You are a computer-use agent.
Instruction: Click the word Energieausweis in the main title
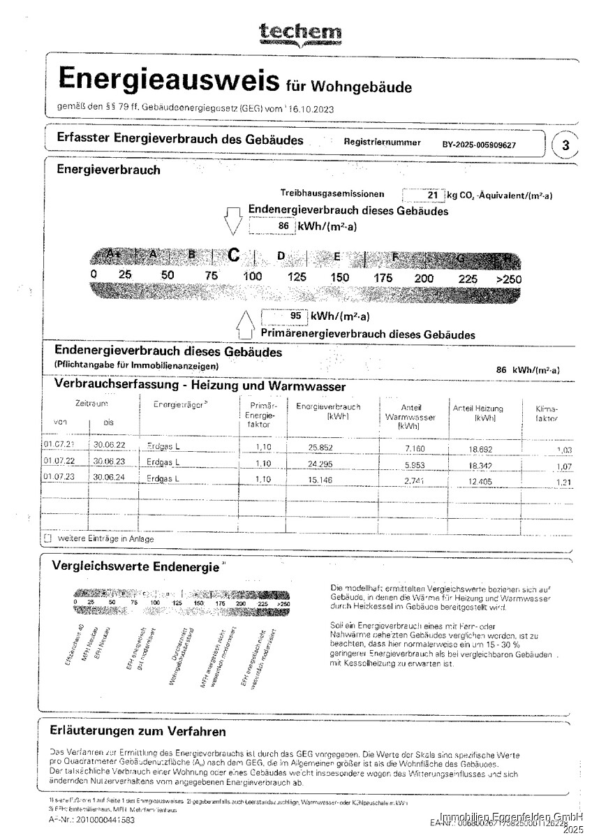[x=164, y=80]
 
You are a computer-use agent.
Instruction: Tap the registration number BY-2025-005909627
[x=479, y=145]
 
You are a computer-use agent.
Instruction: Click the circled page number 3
[x=565, y=146]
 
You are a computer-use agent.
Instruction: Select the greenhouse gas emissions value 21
[x=432, y=196]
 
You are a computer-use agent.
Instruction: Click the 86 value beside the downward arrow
[x=283, y=226]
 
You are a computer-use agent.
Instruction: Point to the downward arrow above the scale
[x=232, y=222]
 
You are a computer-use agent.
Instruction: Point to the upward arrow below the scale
[x=244, y=323]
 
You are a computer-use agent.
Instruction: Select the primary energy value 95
[x=295, y=316]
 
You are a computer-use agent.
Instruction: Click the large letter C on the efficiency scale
[x=233, y=256]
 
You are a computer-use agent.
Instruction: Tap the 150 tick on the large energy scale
[x=340, y=278]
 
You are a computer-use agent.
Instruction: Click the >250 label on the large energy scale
[x=508, y=279]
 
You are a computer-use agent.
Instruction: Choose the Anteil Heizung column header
[x=478, y=413]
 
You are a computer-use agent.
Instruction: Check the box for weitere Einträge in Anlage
[x=47, y=539]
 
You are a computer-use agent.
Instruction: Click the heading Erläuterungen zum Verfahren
[x=138, y=732]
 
